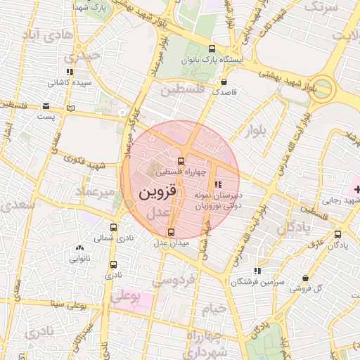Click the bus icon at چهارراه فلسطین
pos(181,161)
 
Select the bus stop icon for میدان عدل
pos(171,232)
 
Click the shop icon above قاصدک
pos(224,82)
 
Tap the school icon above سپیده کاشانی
pos(69,72)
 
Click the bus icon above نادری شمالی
pos(114,228)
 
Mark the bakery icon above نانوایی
pos(79,247)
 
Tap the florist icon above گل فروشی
pos(305,278)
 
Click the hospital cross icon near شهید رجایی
pos(356,189)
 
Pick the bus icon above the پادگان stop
pos(338,234)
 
